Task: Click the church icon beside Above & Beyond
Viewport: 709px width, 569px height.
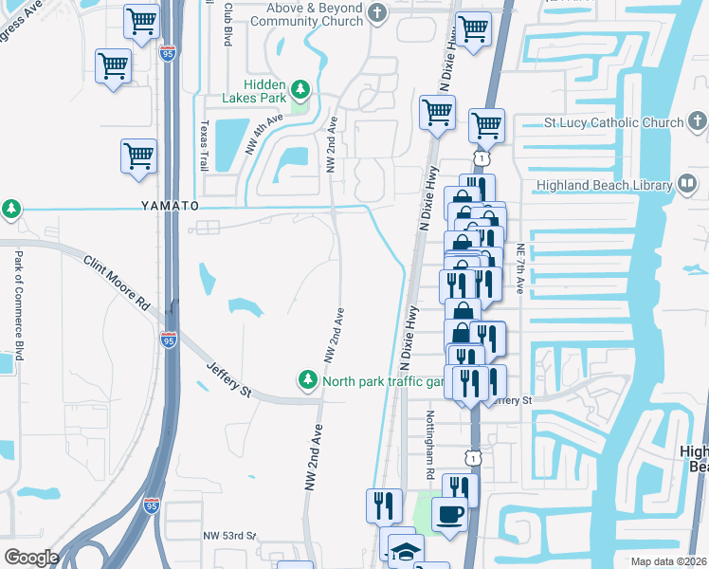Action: coord(378,13)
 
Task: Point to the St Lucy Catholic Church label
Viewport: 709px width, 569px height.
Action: coord(613,122)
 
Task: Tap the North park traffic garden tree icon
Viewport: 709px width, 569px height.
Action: coord(307,380)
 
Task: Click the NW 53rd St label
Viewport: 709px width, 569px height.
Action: coord(229,536)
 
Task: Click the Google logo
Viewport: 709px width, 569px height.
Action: coord(31,558)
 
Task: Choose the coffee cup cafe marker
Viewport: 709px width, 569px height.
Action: coord(449,514)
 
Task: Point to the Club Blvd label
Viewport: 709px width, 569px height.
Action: coord(228,24)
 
